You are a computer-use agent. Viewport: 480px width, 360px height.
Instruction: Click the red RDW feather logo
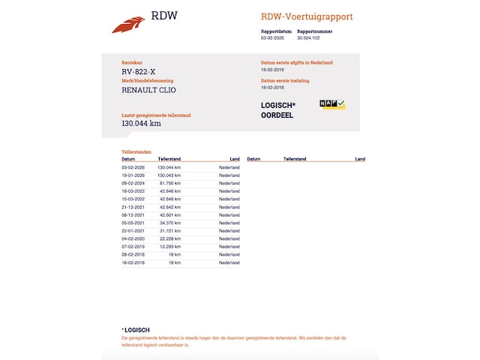pyautogui.click(x=128, y=25)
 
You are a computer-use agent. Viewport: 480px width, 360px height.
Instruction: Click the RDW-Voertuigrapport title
pyautogui.click(x=306, y=16)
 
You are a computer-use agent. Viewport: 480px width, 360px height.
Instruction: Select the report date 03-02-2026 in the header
pyautogui.click(x=271, y=37)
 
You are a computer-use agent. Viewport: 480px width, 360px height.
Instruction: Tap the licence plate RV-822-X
pyautogui.click(x=139, y=73)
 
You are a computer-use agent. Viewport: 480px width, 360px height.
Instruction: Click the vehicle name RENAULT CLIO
pyautogui.click(x=148, y=90)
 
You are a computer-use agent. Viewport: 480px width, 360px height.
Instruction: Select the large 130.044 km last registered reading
pyautogui.click(x=141, y=124)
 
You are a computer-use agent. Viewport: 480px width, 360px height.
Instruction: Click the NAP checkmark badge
pyautogui.click(x=332, y=104)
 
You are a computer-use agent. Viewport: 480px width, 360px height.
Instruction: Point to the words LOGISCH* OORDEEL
pyautogui.click(x=277, y=110)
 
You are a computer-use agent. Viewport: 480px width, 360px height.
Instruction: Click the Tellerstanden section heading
pyautogui.click(x=136, y=151)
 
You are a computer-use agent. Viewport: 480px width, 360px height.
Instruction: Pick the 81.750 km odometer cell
pyautogui.click(x=170, y=183)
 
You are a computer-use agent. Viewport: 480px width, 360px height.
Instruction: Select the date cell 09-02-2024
pyautogui.click(x=133, y=183)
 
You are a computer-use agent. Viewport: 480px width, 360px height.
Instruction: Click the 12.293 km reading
pyautogui.click(x=170, y=247)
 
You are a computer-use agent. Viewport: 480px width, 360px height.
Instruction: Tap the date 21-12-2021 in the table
pyautogui.click(x=133, y=207)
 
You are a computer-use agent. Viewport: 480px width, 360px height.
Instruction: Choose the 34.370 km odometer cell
pyautogui.click(x=170, y=223)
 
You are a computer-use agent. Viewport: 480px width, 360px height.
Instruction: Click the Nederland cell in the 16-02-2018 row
pyautogui.click(x=229, y=263)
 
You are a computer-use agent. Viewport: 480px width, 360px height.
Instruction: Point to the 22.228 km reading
pyautogui.click(x=170, y=239)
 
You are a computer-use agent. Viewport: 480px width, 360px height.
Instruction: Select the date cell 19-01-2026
pyautogui.click(x=133, y=175)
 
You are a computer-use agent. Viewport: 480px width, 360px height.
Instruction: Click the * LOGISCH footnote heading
pyautogui.click(x=136, y=330)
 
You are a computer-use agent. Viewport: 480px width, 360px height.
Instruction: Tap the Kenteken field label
pyautogui.click(x=131, y=63)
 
